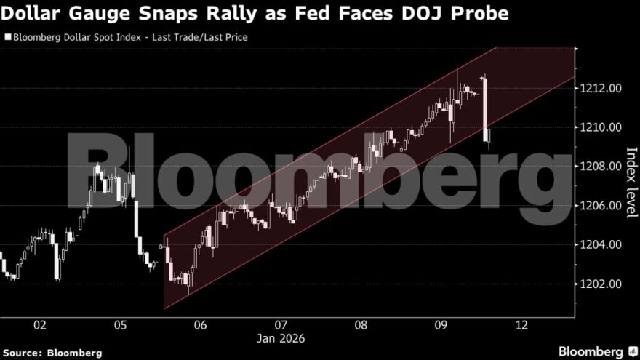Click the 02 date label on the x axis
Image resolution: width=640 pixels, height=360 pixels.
(40, 325)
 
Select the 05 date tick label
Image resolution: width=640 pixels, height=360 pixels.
(121, 325)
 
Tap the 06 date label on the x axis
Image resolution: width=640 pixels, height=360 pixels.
(201, 325)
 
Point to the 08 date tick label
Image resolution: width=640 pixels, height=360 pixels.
(361, 325)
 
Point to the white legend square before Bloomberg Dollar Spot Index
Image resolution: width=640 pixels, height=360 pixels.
(7, 36)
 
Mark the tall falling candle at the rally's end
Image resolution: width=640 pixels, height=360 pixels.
(484, 108)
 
